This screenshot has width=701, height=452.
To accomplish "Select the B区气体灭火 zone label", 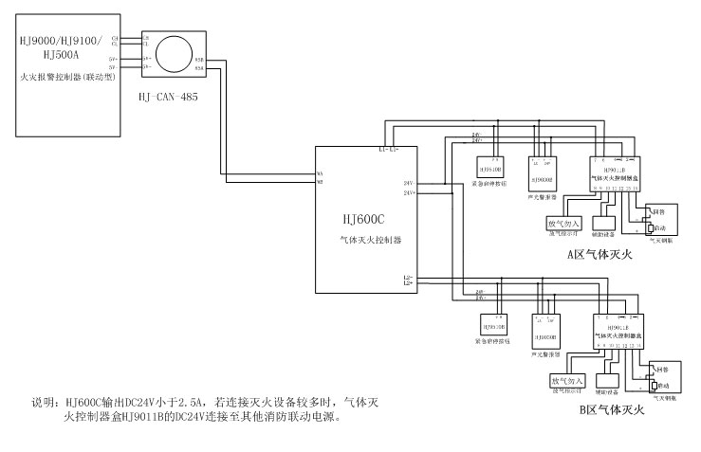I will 611,410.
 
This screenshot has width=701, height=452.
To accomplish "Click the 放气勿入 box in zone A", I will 563,225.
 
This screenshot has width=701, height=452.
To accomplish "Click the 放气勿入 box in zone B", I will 566,381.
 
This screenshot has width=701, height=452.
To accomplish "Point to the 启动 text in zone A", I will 661,228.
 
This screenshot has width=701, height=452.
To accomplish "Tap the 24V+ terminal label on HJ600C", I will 409,193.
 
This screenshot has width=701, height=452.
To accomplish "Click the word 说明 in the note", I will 45,403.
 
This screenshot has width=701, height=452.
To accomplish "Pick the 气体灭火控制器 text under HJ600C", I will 371,242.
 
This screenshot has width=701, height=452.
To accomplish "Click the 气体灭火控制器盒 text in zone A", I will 616,177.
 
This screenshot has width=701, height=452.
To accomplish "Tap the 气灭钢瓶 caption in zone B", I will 660,398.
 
